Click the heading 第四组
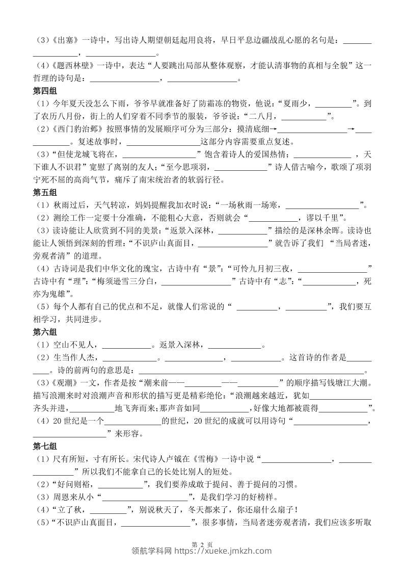click(x=45, y=92)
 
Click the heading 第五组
click(x=45, y=193)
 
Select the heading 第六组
click(x=45, y=333)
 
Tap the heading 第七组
click(x=45, y=447)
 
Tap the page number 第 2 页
click(x=202, y=545)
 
